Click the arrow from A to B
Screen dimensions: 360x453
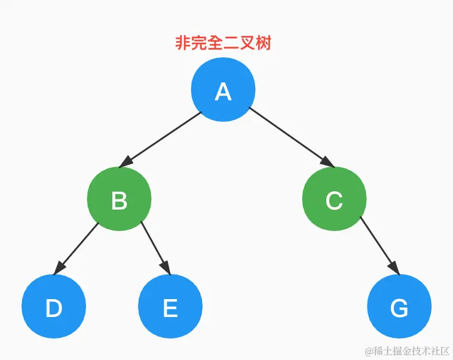tap(163, 138)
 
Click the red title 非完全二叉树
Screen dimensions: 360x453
tap(223, 43)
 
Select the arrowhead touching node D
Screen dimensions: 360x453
tap(58, 269)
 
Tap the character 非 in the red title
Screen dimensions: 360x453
tap(183, 43)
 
